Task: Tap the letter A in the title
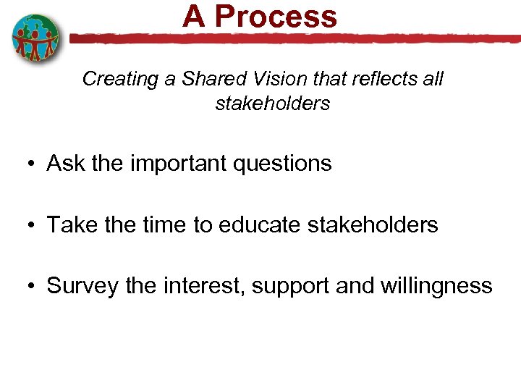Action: pos(194,16)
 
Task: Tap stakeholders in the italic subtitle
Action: pos(272,104)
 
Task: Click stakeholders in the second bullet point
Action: pos(373,225)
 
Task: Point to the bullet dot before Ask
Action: pos(33,164)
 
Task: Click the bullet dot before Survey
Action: pos(33,286)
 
